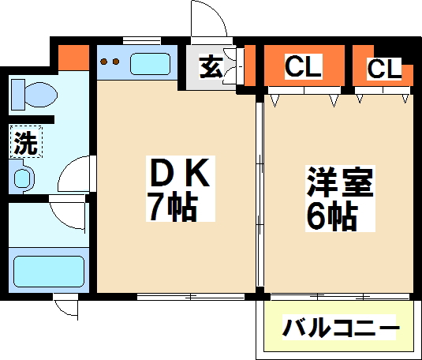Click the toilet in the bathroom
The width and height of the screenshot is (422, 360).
pyautogui.click(x=33, y=96)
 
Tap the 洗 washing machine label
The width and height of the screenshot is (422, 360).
pyautogui.click(x=24, y=144)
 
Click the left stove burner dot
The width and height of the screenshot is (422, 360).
pyautogui.click(x=106, y=62)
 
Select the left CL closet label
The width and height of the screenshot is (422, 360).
pyautogui.click(x=303, y=67)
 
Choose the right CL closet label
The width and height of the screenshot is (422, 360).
pyautogui.click(x=383, y=69)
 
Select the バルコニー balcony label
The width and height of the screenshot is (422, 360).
pyautogui.click(x=341, y=327)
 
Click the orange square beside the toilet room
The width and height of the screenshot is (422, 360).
pyautogui.click(x=74, y=57)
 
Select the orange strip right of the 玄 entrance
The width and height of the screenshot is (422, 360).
pyautogui.click(x=252, y=65)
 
